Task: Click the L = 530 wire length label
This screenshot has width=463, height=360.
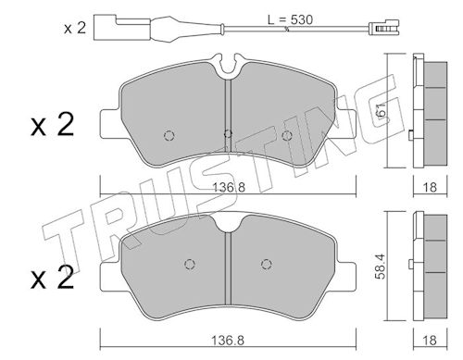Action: click(290, 19)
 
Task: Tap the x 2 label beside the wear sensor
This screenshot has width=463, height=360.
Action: click(74, 28)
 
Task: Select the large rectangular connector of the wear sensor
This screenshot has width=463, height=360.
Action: click(122, 28)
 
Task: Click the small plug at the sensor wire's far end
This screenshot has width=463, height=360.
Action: click(384, 28)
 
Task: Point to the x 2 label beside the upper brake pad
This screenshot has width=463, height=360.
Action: click(53, 124)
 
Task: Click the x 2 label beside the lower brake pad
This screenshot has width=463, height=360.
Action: click(53, 278)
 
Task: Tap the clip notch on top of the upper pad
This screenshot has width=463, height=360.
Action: click(229, 66)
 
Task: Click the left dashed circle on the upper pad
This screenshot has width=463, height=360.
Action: click(169, 135)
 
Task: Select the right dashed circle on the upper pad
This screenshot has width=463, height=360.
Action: click(287, 135)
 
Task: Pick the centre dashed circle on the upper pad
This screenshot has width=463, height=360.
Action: click(228, 133)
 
